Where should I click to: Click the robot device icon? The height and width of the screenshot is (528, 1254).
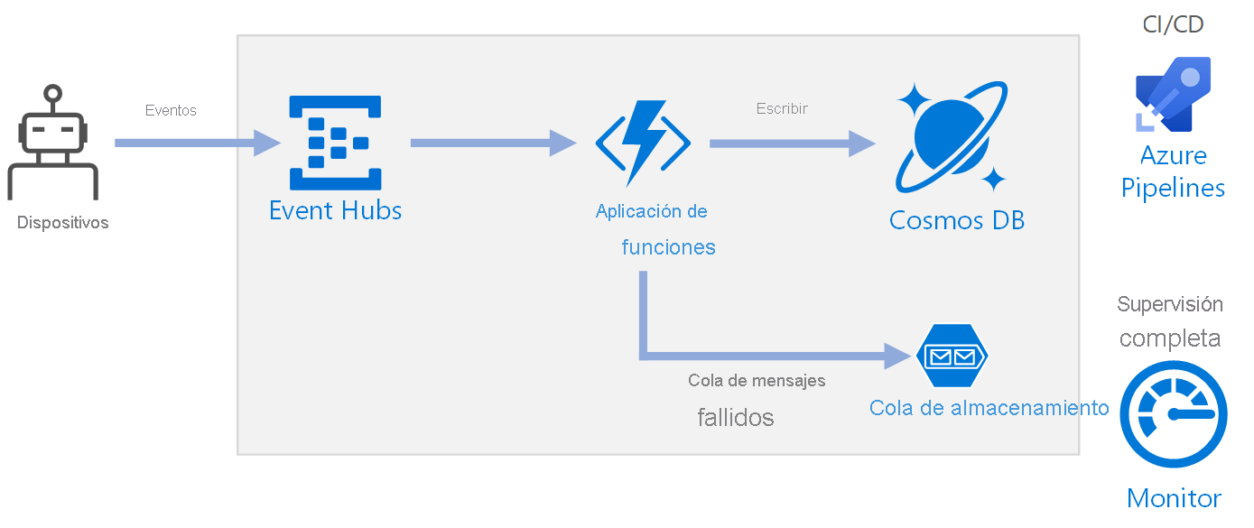point(53,144)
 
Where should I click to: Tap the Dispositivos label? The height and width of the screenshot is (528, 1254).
point(62,222)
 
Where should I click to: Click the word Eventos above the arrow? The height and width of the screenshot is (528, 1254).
point(171,111)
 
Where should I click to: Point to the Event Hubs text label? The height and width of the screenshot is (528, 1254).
point(335,211)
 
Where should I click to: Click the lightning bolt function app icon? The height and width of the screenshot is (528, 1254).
point(643,143)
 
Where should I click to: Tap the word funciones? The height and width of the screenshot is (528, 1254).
point(668,247)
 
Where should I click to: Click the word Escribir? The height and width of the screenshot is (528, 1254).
point(782,108)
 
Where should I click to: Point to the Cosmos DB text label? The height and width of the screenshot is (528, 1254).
point(957,220)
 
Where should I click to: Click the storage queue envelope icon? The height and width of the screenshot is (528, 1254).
point(952,356)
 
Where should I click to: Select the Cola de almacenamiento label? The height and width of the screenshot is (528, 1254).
point(989,408)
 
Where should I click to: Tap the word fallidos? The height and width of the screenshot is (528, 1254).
point(735,418)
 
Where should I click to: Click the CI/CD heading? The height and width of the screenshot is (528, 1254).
point(1173,24)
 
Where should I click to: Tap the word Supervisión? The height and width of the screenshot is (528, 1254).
point(1170,304)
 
